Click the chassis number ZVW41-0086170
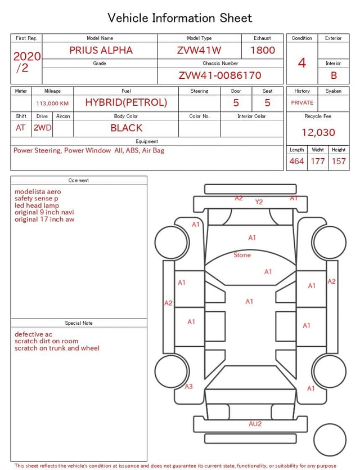pyautogui.click(x=220, y=75)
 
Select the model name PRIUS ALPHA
pyautogui.click(x=101, y=50)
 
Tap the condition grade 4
pyautogui.click(x=302, y=63)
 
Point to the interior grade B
pyautogui.click(x=334, y=75)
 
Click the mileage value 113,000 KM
pyautogui.click(x=52, y=104)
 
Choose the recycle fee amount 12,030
pyautogui.click(x=318, y=132)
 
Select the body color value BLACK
pyautogui.click(x=126, y=128)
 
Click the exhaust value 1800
pyautogui.click(x=263, y=50)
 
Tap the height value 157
pyautogui.click(x=339, y=161)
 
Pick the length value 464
pyautogui.click(x=297, y=161)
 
